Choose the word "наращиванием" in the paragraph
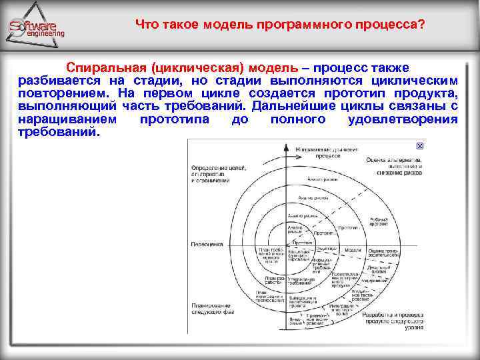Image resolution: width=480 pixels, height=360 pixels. (67, 119)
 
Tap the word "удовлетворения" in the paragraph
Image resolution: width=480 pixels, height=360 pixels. (403, 119)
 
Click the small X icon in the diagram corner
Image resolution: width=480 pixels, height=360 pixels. (419, 146)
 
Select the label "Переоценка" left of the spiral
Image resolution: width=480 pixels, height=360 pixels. (207, 245)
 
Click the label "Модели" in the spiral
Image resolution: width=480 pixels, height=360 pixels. (353, 249)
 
